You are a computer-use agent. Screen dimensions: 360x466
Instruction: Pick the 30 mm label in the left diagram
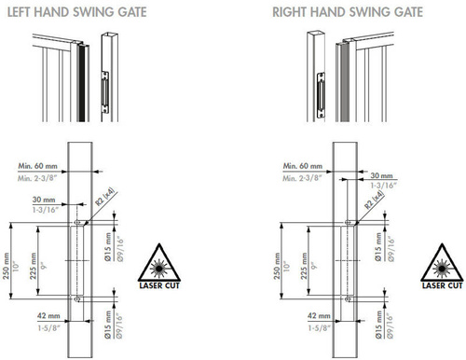42,200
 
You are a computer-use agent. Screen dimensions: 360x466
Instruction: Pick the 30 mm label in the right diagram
381,175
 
